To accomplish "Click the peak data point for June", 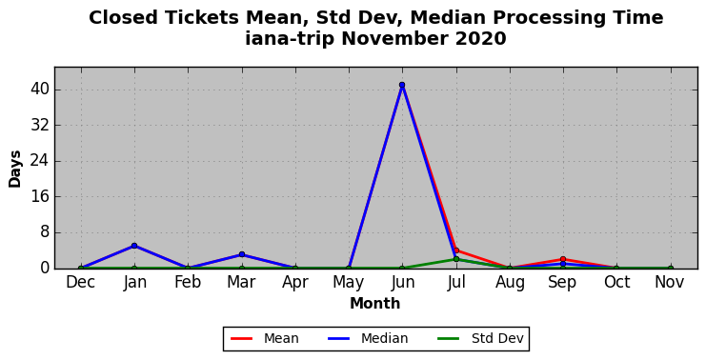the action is pyautogui.click(x=402, y=85).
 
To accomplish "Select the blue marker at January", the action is pyautogui.click(x=134, y=246).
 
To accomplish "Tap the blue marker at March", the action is pyautogui.click(x=242, y=254).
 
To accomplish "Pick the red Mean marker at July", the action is pyautogui.click(x=456, y=250).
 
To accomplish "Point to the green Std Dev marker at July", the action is pyautogui.click(x=456, y=259).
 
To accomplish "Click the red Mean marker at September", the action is pyautogui.click(x=563, y=259).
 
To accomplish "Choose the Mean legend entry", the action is pyautogui.click(x=265, y=338).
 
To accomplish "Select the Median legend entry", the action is pyautogui.click(x=369, y=338).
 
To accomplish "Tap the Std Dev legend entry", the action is pyautogui.click(x=480, y=338).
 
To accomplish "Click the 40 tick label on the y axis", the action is pyautogui.click(x=39, y=90).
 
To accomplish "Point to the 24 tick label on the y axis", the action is pyautogui.click(x=39, y=161).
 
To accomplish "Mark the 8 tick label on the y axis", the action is pyautogui.click(x=44, y=232).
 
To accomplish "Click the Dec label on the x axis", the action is pyautogui.click(x=81, y=282).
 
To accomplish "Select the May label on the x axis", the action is pyautogui.click(x=349, y=283).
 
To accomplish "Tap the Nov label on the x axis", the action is pyautogui.click(x=670, y=282).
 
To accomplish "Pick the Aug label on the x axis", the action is pyautogui.click(x=510, y=283).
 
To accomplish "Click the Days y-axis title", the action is pyautogui.click(x=15, y=170).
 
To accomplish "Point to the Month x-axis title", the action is pyautogui.click(x=375, y=303).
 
